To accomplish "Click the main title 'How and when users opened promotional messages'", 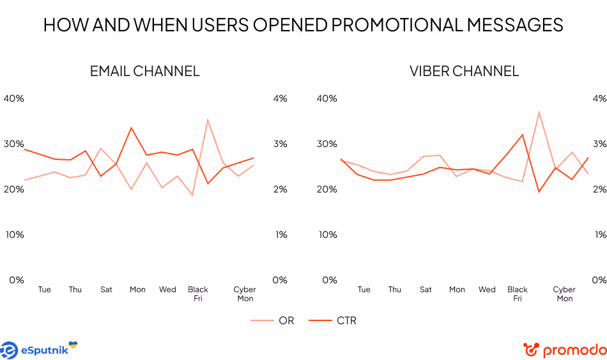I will point(303,25).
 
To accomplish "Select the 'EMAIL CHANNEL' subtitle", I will point(144,71).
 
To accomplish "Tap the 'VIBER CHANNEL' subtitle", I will point(464,71).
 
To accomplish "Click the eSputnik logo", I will point(39,350).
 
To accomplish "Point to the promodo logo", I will point(565,350).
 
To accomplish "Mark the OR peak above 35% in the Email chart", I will point(208,120).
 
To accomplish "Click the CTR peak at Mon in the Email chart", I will point(131,128).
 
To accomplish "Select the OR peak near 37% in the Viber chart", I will point(539,113).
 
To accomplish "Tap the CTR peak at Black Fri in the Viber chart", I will point(523,134).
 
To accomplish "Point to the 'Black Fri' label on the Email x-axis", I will point(198,293).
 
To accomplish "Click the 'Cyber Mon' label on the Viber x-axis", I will point(564,293).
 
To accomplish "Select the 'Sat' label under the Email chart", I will point(106,290).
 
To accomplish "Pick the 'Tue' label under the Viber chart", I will point(364,290).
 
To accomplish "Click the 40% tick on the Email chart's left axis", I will point(13,98).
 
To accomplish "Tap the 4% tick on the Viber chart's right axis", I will point(599,98).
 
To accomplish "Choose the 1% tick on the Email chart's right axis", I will point(280,235).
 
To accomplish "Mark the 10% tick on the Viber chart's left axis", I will point(327,235).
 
